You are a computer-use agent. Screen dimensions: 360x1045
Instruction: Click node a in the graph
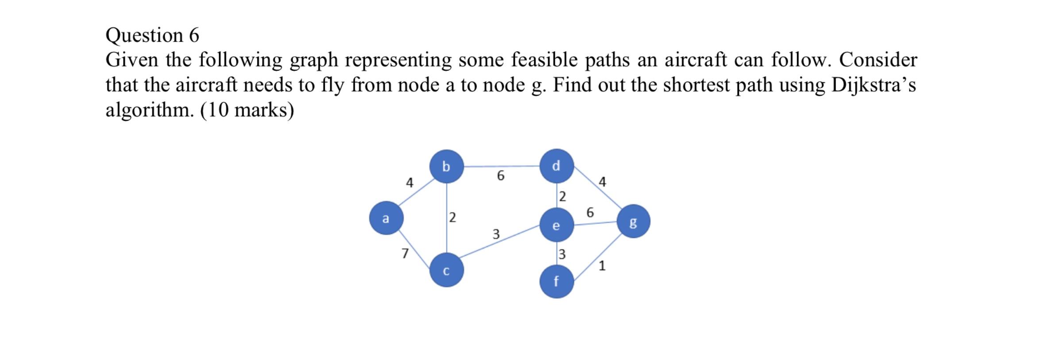click(386, 218)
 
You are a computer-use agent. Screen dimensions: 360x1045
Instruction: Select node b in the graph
click(446, 166)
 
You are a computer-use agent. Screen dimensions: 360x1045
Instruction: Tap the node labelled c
click(446, 270)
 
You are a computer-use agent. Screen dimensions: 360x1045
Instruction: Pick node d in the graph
click(557, 166)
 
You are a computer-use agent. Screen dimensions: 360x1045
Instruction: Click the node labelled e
click(557, 225)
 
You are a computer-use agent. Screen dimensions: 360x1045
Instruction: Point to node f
click(557, 281)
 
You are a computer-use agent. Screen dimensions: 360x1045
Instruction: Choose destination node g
click(633, 221)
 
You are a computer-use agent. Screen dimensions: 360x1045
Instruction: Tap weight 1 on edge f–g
click(602, 266)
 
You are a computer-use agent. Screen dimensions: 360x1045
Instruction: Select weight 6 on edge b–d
click(500, 176)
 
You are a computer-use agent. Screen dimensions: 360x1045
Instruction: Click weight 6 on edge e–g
click(590, 213)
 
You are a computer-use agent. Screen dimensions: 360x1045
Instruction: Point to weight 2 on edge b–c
click(452, 217)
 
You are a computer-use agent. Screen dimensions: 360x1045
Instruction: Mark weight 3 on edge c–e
click(496, 234)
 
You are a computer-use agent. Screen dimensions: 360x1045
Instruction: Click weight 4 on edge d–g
click(602, 182)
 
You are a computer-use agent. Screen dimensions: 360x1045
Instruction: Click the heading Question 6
click(152, 35)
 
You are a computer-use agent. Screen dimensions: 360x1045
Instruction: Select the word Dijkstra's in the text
click(873, 85)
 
